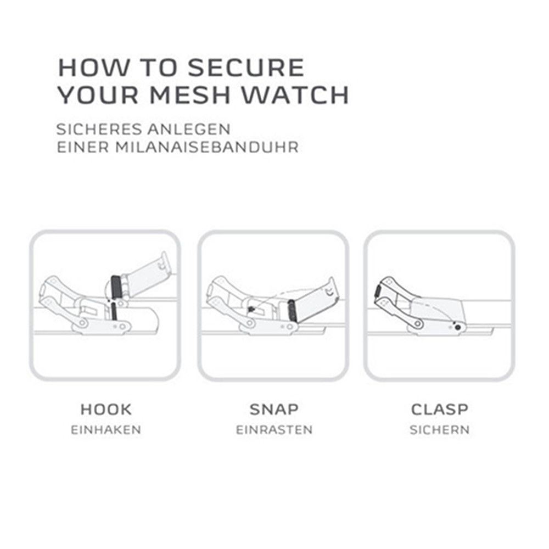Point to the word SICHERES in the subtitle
tap(99, 129)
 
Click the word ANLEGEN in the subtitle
tap(189, 129)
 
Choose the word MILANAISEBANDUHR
tap(208, 147)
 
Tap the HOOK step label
tap(106, 410)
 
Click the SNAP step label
tap(274, 410)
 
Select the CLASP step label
tap(439, 410)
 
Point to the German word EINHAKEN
tap(106, 430)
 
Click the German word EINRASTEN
tap(274, 430)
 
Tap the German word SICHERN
tap(439, 430)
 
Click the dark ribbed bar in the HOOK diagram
tap(116, 287)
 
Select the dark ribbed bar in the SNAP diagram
tap(292, 311)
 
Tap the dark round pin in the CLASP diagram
tap(458, 327)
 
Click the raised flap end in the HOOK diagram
tap(163, 260)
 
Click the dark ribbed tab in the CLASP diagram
tap(377, 291)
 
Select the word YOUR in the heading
tap(98, 94)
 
